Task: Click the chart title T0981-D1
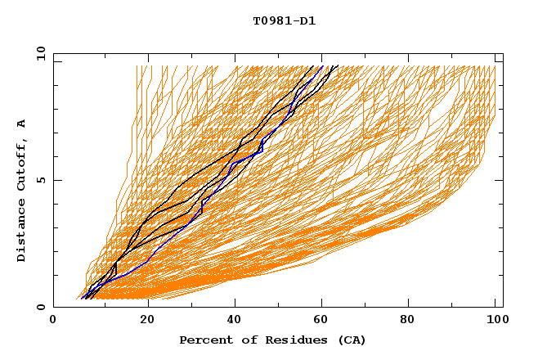284,21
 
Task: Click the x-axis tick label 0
53,322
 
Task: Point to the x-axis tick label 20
147,322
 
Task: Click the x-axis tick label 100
495,322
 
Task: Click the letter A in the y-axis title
22,124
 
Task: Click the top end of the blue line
323,65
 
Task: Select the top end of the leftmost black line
314,65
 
